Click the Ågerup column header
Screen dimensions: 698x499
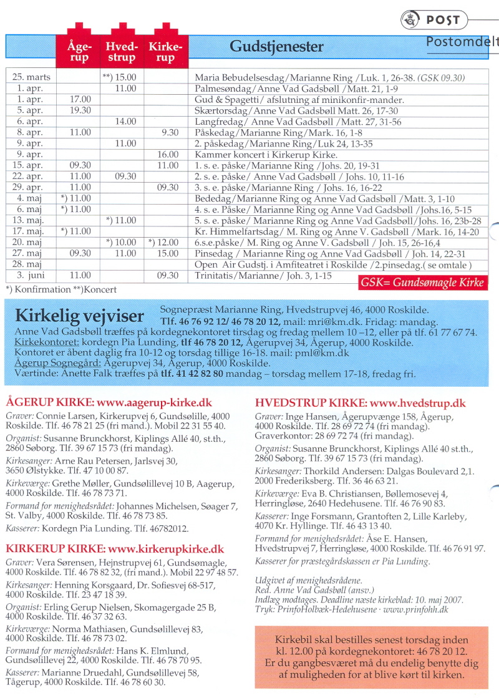pos(79,51)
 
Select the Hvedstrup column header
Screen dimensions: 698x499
pos(120,51)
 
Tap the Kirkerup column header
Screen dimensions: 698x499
pos(165,51)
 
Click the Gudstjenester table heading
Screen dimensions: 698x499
pos(277,47)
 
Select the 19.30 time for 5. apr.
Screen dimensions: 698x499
pos(80,110)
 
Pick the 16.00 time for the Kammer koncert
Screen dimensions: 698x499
pos(167,154)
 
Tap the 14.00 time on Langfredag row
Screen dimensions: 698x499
pos(125,122)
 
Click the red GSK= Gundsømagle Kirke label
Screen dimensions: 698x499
pos(422,283)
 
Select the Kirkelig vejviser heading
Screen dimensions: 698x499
pos(79,316)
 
